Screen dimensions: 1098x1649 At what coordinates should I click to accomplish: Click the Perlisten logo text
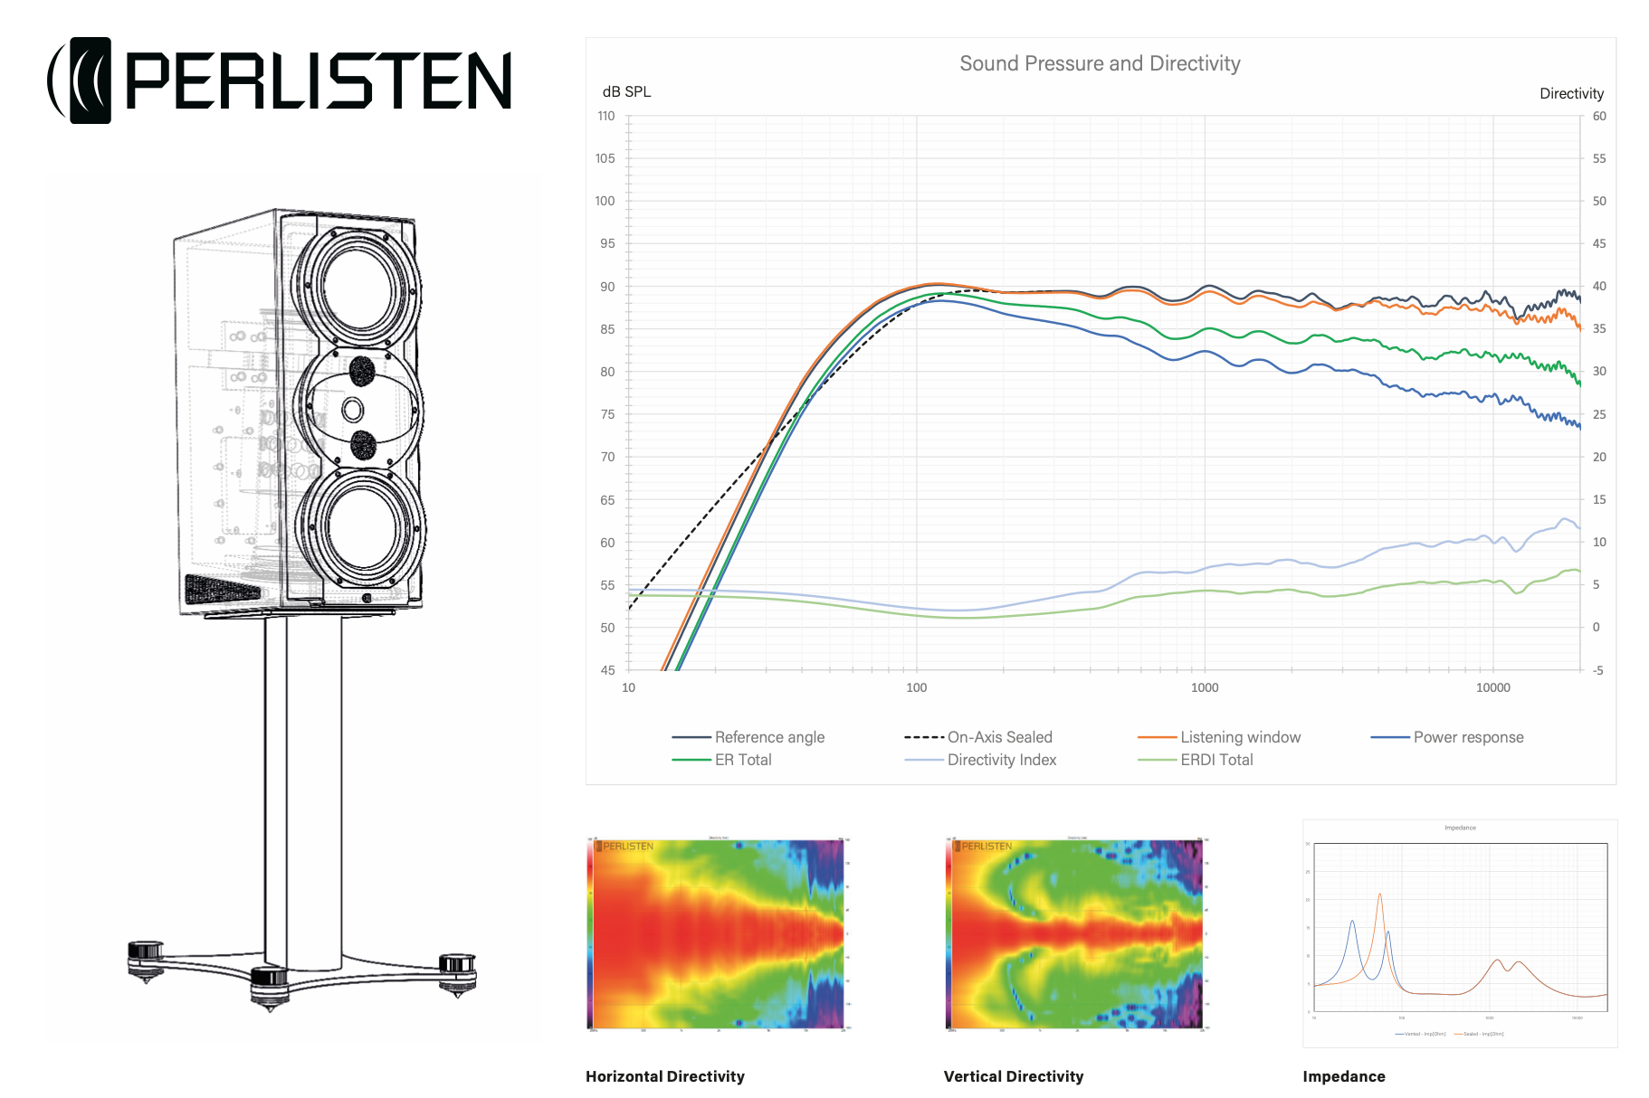[x=318, y=80]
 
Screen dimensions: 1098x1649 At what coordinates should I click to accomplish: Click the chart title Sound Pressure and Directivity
[x=1099, y=63]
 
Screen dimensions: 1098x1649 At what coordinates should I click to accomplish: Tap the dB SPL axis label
[x=626, y=92]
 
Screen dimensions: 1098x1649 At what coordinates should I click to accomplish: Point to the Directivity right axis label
[x=1571, y=94]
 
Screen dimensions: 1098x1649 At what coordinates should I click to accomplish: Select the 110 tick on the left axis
[x=605, y=116]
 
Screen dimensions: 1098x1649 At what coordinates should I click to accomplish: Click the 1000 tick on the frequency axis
[x=1204, y=687]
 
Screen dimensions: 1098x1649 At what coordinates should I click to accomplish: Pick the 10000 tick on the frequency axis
[x=1492, y=687]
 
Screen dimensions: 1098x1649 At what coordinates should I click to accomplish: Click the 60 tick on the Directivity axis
[x=1599, y=116]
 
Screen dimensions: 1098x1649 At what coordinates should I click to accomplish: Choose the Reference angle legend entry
[x=768, y=737]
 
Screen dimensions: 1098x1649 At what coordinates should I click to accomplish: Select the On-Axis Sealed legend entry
[x=999, y=737]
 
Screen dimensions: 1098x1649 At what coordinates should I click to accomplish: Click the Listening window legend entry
[x=1240, y=737]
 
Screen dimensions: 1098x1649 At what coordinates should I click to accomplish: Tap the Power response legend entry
[x=1468, y=737]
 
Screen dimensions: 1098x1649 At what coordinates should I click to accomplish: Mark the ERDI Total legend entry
[x=1215, y=760]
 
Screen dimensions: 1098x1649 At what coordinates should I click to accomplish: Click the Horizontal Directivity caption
[x=664, y=1076]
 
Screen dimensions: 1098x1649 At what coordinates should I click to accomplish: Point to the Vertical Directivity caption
[x=1013, y=1076]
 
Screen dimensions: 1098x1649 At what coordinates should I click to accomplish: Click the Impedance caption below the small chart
[x=1343, y=1076]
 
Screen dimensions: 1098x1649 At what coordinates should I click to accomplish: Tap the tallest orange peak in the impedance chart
[x=1379, y=895]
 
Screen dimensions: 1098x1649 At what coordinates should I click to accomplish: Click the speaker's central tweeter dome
[x=353, y=410]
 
